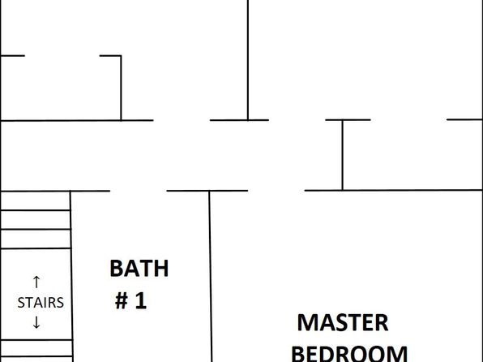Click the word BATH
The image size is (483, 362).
[x=139, y=269]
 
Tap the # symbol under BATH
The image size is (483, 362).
[x=122, y=301]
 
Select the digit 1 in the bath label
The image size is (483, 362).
[x=141, y=301]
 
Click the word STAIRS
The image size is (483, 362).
[x=41, y=303]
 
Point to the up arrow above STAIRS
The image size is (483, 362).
[x=36, y=282]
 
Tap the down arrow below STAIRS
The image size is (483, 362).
[x=36, y=322]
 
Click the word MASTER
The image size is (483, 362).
[x=343, y=323]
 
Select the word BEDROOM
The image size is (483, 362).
[x=349, y=354]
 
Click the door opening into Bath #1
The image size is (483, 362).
[x=139, y=191]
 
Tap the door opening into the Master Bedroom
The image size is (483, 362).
[x=276, y=191]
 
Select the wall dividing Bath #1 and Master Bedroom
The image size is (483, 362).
[x=211, y=276]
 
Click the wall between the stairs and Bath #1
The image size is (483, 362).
[x=71, y=276]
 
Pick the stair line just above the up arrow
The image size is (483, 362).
[x=36, y=248]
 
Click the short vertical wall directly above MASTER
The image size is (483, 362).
[x=342, y=155]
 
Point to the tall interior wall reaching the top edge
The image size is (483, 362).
[x=248, y=60]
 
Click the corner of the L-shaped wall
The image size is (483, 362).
[x=121, y=56]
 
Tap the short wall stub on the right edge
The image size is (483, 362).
[x=464, y=119]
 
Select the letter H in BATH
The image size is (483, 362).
[x=161, y=269]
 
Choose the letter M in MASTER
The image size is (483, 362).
[x=307, y=323]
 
